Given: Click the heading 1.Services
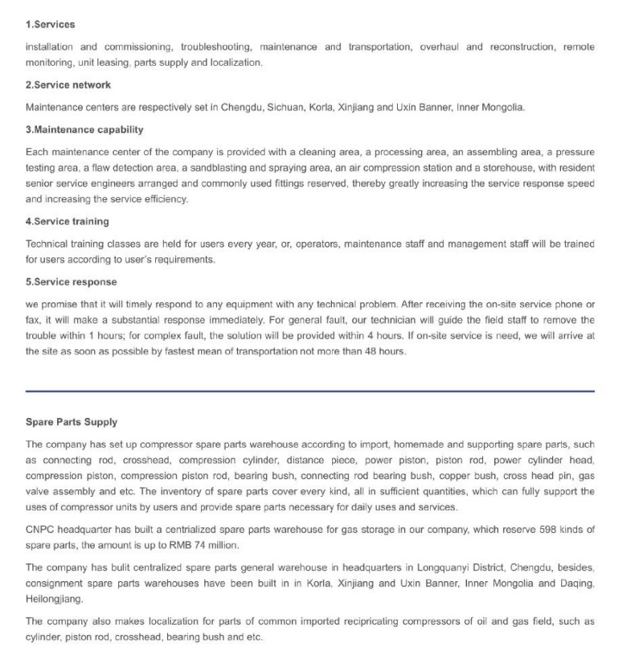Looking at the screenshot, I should tap(50, 25).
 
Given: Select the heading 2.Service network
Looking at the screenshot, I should tap(68, 85).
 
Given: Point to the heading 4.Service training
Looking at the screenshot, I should tap(68, 221).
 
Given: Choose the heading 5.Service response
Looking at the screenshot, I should tap(71, 282).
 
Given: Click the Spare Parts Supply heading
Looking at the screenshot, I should tap(72, 421).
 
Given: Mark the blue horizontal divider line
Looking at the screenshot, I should tap(310, 391).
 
